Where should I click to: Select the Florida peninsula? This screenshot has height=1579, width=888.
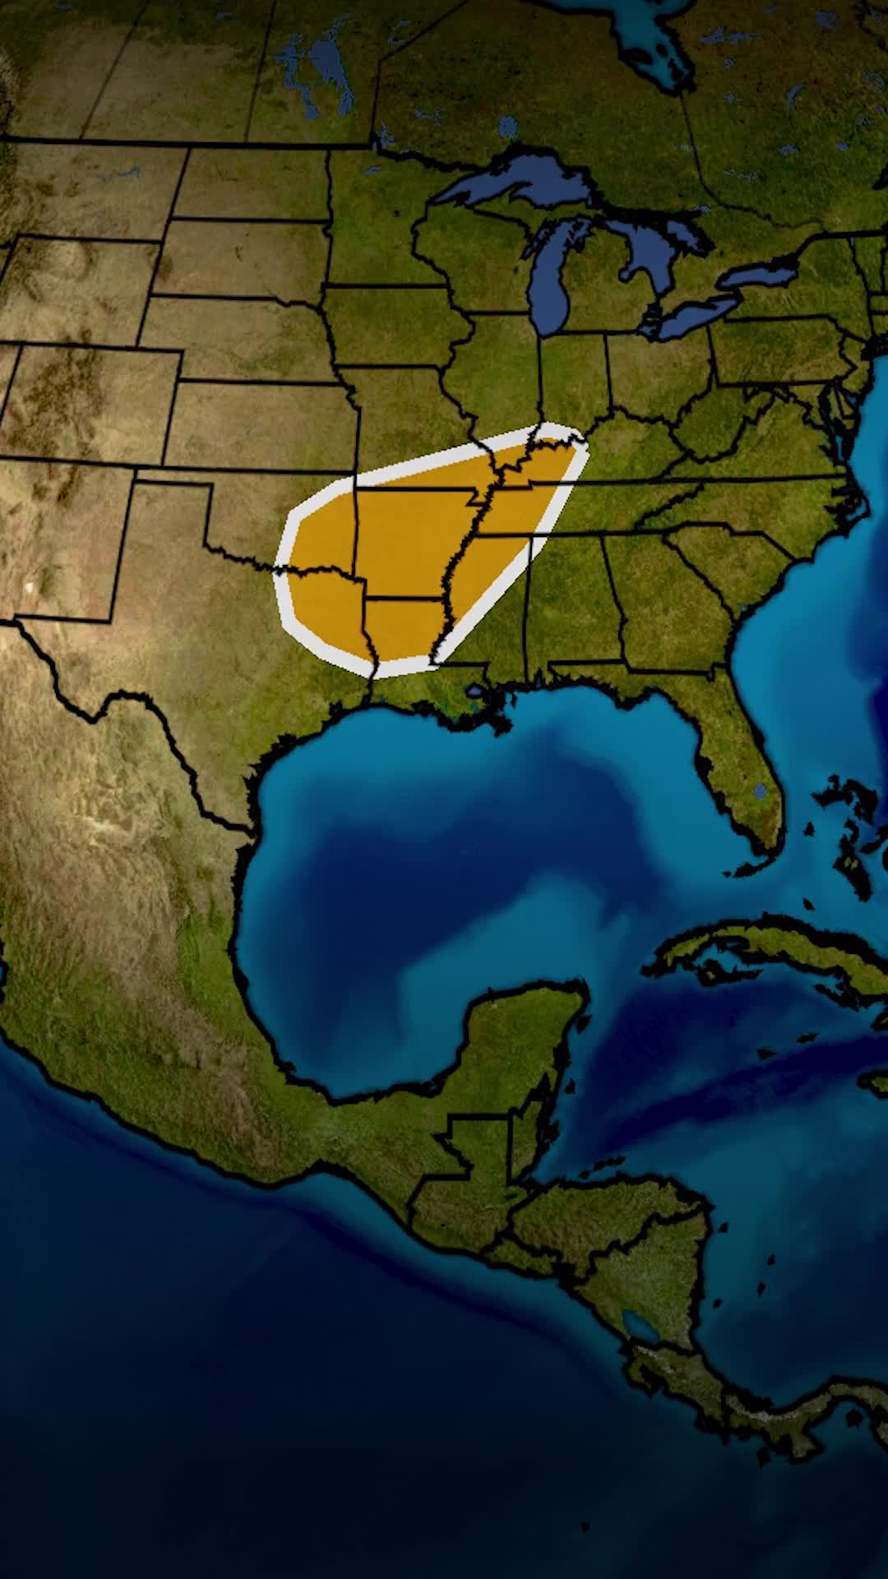tap(740, 765)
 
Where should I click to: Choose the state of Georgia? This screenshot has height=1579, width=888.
tap(658, 609)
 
